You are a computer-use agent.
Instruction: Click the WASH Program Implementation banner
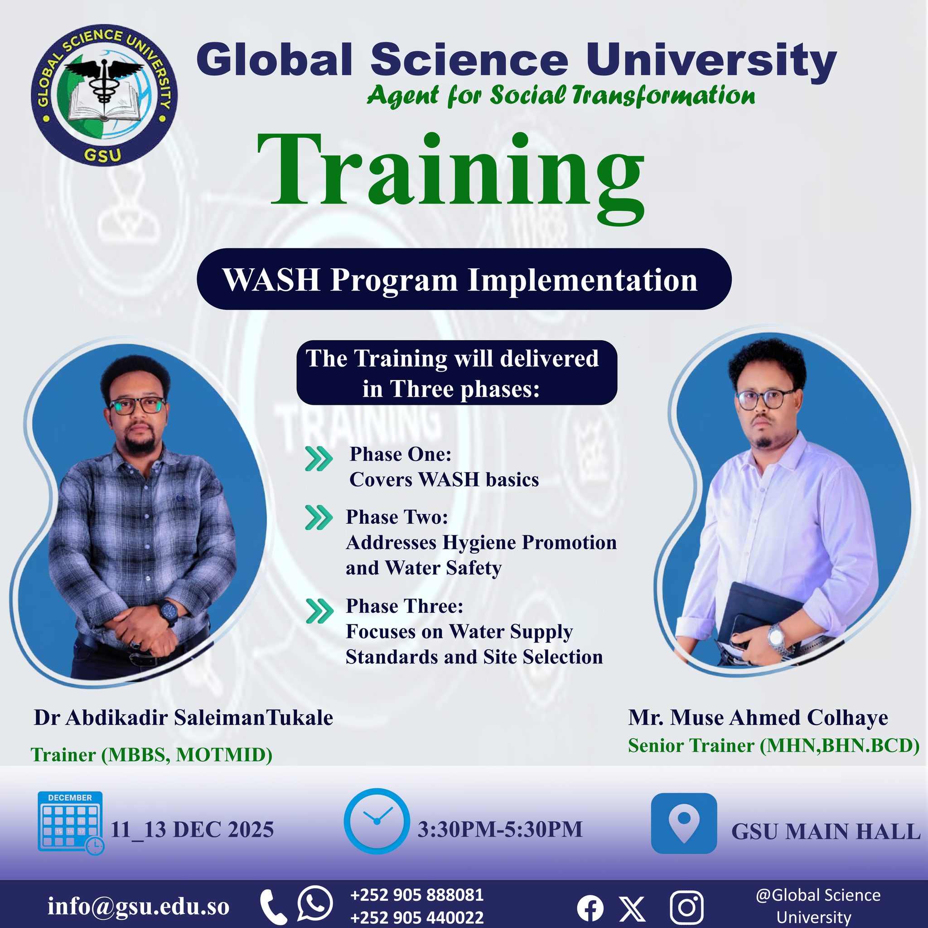coord(464,279)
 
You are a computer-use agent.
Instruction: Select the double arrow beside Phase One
coord(319,459)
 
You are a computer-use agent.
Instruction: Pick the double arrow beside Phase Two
coord(319,518)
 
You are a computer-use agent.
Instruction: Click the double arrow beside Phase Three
coord(319,611)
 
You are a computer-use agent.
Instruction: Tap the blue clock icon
coord(377,822)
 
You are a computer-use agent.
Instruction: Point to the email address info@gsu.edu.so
coord(138,906)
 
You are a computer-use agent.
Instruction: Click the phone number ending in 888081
coord(417,895)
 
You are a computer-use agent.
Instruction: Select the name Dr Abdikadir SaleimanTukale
coord(183,718)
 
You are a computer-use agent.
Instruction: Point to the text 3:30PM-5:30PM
coord(500,830)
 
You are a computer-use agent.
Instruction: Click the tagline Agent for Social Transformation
coord(561,95)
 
